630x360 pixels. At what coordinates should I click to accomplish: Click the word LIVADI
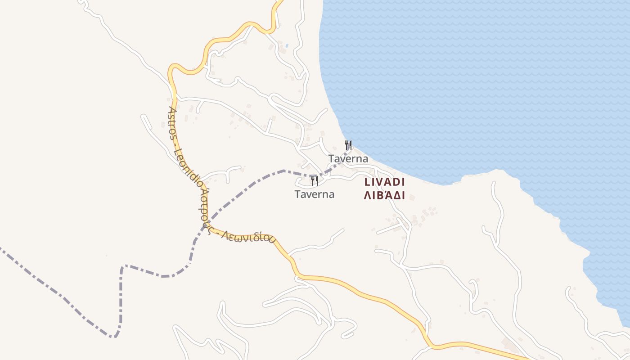pos(385,182)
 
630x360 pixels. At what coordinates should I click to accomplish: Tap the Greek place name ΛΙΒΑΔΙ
pos(385,196)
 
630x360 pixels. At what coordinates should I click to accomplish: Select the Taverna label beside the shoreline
pos(348,159)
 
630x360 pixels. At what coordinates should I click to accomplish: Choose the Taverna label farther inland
pos(315,194)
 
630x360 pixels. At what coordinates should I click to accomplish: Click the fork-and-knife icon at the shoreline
pos(348,145)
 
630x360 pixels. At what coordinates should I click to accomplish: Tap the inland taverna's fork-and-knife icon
pos(314,181)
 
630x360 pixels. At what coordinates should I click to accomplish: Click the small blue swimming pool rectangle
pos(287,46)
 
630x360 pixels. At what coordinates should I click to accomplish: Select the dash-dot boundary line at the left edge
pos(2,248)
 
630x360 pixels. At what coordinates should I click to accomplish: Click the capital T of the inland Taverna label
pos(297,194)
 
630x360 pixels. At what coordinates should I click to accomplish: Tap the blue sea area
pos(472,90)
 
